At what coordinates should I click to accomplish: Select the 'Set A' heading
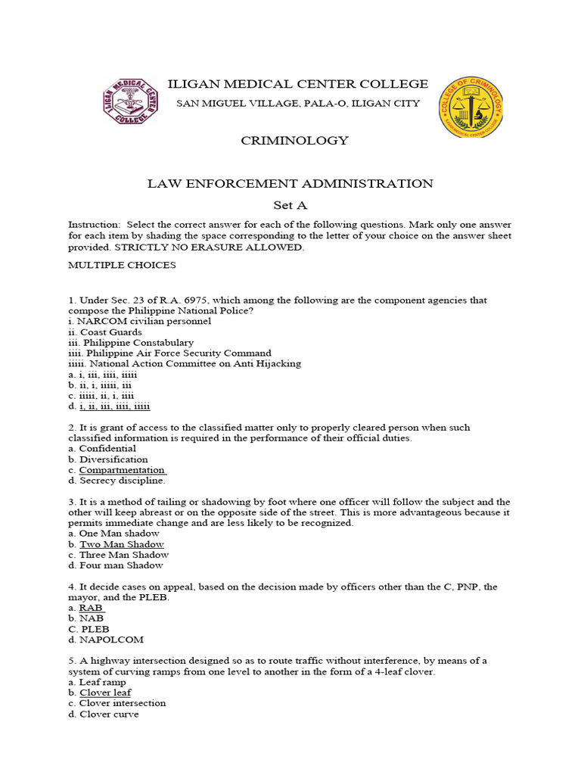(x=290, y=205)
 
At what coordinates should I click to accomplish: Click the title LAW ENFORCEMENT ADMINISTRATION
(x=290, y=183)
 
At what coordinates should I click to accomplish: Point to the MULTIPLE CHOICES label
(x=122, y=265)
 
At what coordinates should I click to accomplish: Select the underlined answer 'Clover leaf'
(x=105, y=693)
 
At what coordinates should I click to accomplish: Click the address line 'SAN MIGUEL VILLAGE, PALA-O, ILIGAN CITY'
(x=297, y=104)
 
